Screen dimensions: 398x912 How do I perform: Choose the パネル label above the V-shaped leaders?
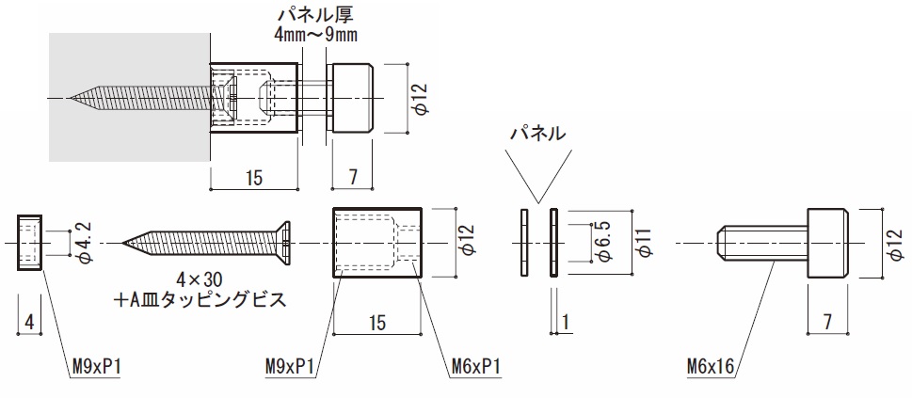click(x=537, y=134)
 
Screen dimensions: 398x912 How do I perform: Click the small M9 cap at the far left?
click(x=29, y=243)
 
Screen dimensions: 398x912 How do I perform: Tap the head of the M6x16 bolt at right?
click(x=829, y=243)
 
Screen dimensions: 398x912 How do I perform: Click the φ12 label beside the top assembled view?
click(x=421, y=98)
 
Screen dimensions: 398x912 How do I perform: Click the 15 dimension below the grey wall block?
click(x=254, y=176)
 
